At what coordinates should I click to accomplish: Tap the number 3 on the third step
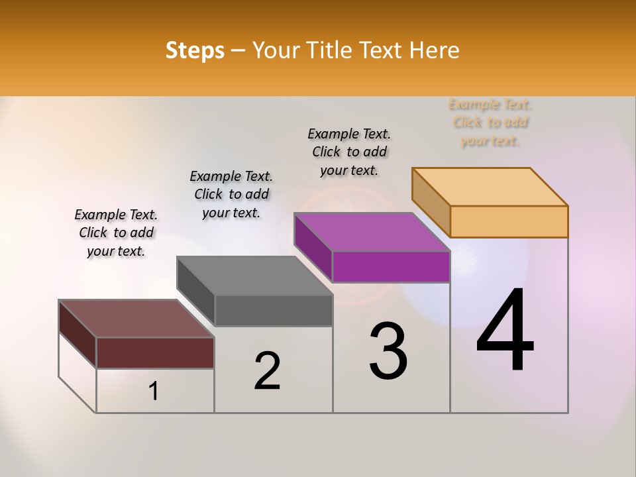(388, 351)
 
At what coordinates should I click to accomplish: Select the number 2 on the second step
(267, 371)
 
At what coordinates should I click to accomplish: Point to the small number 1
(153, 392)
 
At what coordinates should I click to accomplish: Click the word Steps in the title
(195, 50)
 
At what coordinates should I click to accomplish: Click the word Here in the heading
(435, 50)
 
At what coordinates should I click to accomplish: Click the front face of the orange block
(509, 221)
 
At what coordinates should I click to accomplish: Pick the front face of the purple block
(391, 266)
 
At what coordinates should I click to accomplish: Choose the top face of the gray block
(254, 276)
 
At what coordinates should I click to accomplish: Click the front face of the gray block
(273, 310)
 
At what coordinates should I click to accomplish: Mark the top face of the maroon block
(136, 319)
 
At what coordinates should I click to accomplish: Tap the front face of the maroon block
(155, 352)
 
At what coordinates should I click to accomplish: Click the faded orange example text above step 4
(490, 123)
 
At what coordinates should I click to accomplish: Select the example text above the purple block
(349, 152)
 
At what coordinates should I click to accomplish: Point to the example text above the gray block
(231, 194)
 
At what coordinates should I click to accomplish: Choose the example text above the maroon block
(116, 233)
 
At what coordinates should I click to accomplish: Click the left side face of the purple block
(313, 246)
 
